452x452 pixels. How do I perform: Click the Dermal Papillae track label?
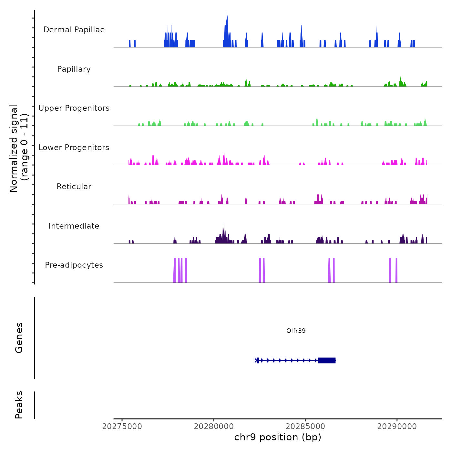click(74, 30)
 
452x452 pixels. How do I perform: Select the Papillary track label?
click(74, 69)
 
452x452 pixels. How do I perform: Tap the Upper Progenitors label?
click(74, 108)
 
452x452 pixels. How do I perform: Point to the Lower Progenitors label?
click(74, 148)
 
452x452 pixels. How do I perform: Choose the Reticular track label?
click(74, 187)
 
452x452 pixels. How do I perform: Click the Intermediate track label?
click(74, 226)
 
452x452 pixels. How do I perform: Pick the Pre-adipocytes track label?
click(74, 265)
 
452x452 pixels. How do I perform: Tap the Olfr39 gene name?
click(296, 331)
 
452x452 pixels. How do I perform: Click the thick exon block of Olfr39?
click(326, 360)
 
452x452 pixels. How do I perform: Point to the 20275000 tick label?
click(122, 426)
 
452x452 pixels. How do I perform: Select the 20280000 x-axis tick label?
click(214, 426)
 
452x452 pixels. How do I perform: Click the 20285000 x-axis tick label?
click(305, 426)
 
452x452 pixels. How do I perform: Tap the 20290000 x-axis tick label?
click(397, 426)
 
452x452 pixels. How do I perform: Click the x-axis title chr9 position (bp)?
click(278, 437)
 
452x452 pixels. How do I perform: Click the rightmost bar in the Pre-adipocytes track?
click(396, 271)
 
